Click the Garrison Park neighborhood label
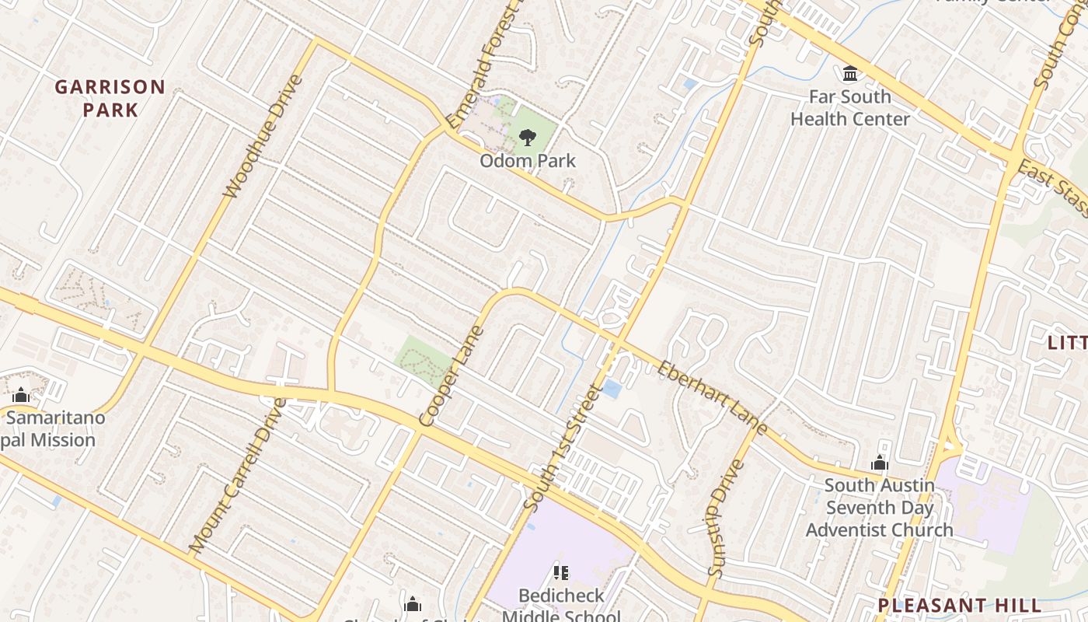tap(110, 98)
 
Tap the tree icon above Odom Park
tap(528, 138)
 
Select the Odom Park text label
tap(528, 161)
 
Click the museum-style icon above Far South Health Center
tap(850, 74)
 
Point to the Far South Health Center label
tap(850, 108)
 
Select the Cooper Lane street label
tap(452, 377)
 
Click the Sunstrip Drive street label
tap(726, 517)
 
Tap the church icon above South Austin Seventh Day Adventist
tap(880, 463)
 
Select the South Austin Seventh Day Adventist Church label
tap(880, 508)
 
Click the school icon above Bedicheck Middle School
tap(560, 574)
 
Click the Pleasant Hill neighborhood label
tap(960, 605)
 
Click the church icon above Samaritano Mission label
tap(21, 395)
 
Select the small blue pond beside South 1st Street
tap(612, 389)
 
